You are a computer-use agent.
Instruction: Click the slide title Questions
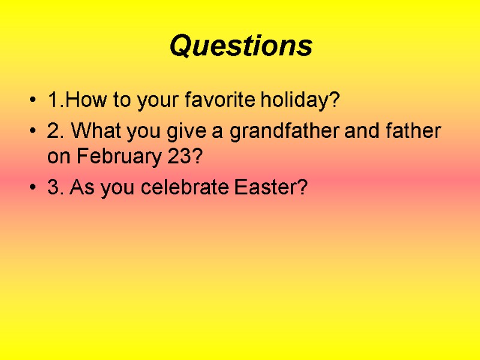(x=241, y=46)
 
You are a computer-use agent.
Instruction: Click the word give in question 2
(x=181, y=130)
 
